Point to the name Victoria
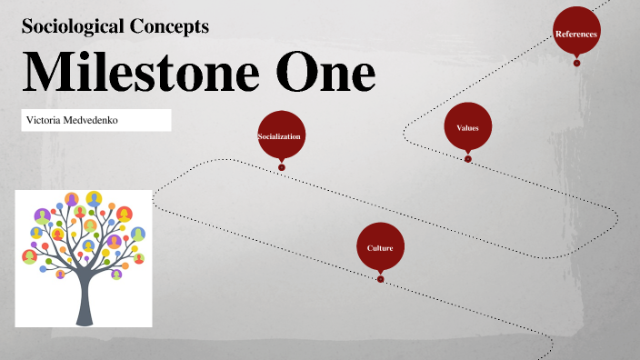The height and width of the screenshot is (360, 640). coord(45,120)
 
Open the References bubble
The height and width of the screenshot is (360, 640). coord(576,34)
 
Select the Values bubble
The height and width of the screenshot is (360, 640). coord(468,127)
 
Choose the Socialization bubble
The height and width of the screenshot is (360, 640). coord(280,135)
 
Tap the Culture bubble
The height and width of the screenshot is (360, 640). coord(380,247)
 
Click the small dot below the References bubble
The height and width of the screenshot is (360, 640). coord(576,63)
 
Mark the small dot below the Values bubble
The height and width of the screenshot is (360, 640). coord(468,159)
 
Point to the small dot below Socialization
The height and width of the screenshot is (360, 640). coord(282,166)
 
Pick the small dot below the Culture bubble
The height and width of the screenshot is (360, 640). coord(380,279)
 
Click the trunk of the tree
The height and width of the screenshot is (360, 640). coord(84,300)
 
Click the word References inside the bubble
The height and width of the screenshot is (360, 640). coord(576,34)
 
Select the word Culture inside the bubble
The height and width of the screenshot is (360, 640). coord(380,248)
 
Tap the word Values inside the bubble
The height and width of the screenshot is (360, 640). coord(468,128)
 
